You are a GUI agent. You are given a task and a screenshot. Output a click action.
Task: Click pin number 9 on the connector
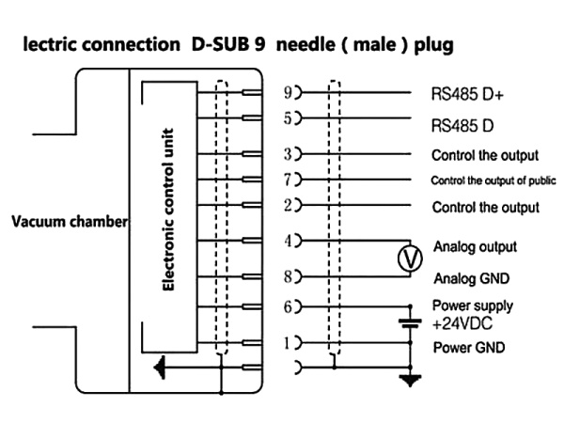coord(287,94)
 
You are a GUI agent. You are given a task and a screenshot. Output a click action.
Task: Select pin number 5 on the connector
coord(287,120)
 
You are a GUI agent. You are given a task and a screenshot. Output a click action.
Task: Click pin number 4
coord(287,241)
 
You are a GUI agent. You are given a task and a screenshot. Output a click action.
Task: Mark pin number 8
coord(287,276)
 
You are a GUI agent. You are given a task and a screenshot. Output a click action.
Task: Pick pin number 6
coord(287,305)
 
